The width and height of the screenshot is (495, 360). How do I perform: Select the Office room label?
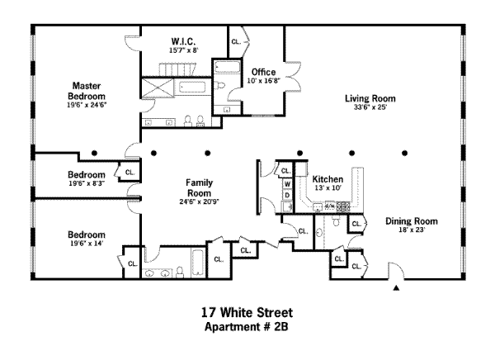click(x=263, y=72)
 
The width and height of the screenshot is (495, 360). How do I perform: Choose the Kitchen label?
click(x=327, y=179)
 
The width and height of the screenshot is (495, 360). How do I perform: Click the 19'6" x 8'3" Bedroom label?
click(x=86, y=175)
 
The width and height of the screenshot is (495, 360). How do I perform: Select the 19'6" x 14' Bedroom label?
click(x=86, y=234)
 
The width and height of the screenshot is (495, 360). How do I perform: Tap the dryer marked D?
click(x=286, y=195)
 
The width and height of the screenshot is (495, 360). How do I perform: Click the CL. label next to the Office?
click(x=237, y=41)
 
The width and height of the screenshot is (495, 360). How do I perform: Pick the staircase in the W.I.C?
click(x=169, y=69)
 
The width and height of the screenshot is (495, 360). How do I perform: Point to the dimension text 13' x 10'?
click(x=327, y=188)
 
